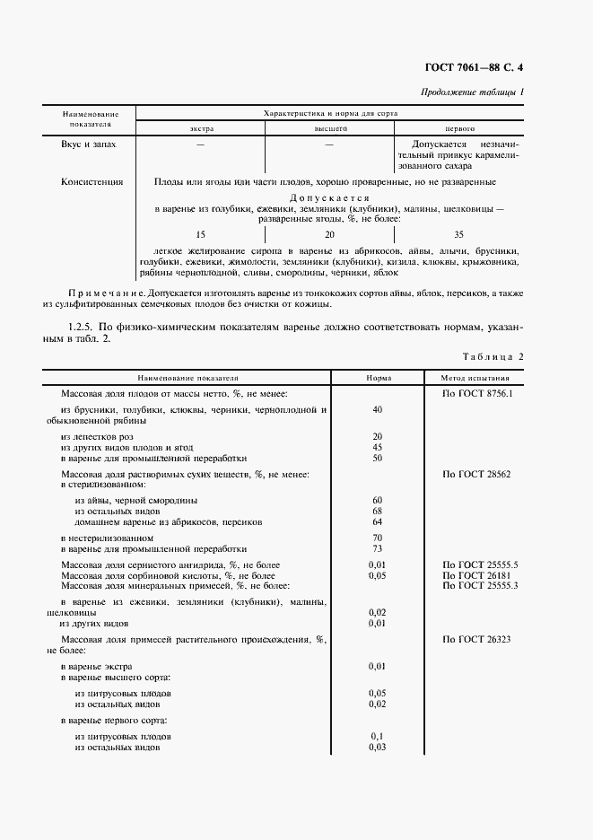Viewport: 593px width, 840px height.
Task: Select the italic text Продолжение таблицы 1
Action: pos(473,93)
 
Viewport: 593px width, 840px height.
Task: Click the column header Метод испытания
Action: pos(475,379)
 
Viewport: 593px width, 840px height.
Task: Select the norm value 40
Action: pos(377,409)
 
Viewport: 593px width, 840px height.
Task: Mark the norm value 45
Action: pos(377,447)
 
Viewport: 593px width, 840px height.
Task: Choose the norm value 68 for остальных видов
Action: pos(377,511)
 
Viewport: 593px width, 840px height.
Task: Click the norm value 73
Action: pos(377,547)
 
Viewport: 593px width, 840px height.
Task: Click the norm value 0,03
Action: pos(377,747)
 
